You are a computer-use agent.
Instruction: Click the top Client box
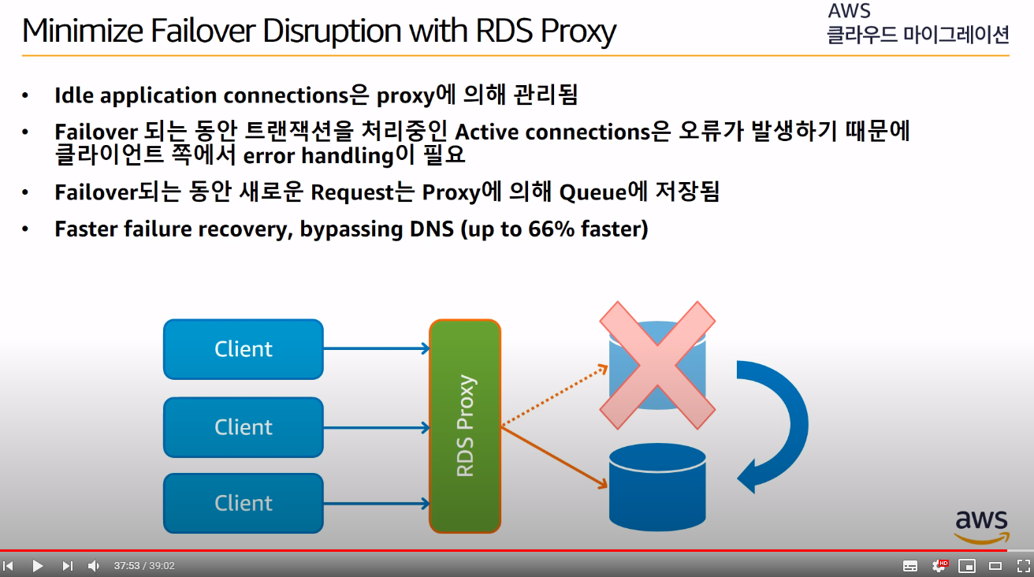[x=243, y=349]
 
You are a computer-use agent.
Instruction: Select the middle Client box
[x=243, y=427]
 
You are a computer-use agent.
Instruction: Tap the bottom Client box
[x=243, y=503]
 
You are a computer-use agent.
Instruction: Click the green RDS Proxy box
[x=465, y=426]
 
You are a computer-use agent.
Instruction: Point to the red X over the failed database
[x=657, y=364]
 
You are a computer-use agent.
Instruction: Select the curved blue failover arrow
[x=776, y=426]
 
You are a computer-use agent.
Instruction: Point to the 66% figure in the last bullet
[x=539, y=229]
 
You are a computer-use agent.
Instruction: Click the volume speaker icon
[x=93, y=566]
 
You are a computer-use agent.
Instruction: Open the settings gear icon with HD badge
[x=939, y=566]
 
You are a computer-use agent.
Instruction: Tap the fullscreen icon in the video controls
[x=1023, y=566]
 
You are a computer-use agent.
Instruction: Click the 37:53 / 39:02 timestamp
[x=144, y=566]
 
